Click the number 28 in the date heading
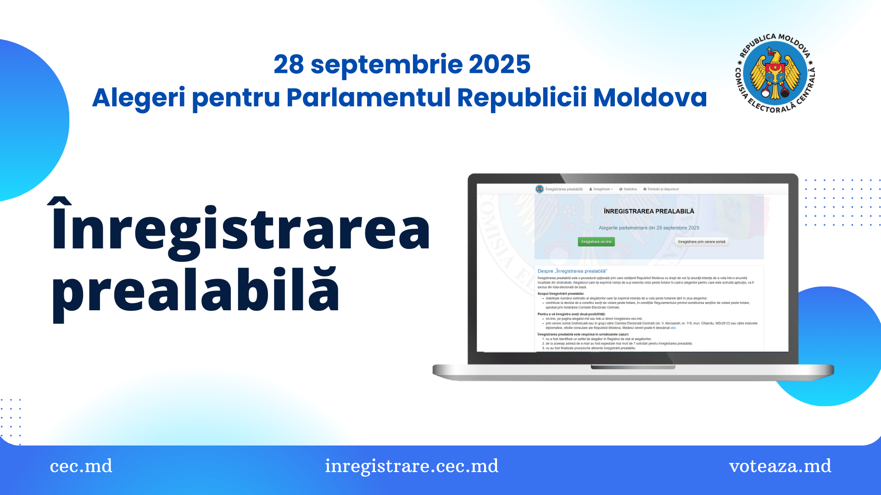[289, 64]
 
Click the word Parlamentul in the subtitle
[368, 98]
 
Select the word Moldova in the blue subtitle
[650, 98]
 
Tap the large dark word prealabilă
[195, 291]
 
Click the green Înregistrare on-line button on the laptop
[596, 242]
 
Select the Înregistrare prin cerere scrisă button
[702, 242]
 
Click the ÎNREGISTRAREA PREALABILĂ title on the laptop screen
[649, 211]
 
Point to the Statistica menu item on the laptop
[628, 189]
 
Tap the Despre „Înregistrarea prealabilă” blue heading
[572, 271]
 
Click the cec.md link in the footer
[81, 466]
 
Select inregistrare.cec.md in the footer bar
[412, 466]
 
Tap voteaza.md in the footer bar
[780, 466]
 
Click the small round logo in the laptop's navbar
[540, 189]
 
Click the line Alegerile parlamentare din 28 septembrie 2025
[649, 228]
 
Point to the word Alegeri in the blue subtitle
[139, 98]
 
